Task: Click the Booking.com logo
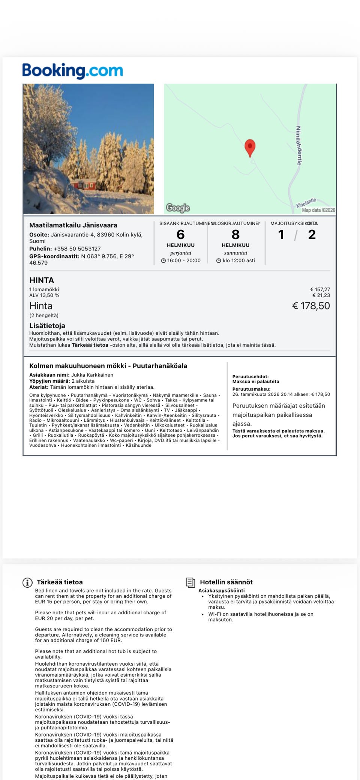point(72,70)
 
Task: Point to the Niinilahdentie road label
point(299,145)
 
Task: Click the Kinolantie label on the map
point(306,203)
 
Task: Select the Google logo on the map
point(178,208)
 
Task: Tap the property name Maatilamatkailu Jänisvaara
point(73,225)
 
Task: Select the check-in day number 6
point(180,235)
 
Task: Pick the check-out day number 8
point(235,235)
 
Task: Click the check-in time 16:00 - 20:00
point(183,260)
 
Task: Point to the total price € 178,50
point(311,306)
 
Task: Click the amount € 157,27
point(320,289)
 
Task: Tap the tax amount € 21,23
point(321,295)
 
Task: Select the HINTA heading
point(42,280)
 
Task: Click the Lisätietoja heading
point(47,326)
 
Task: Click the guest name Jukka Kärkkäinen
point(92,375)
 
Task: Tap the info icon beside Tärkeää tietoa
point(27,582)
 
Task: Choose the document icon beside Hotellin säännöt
point(190,582)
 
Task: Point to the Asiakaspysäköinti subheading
point(221,590)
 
